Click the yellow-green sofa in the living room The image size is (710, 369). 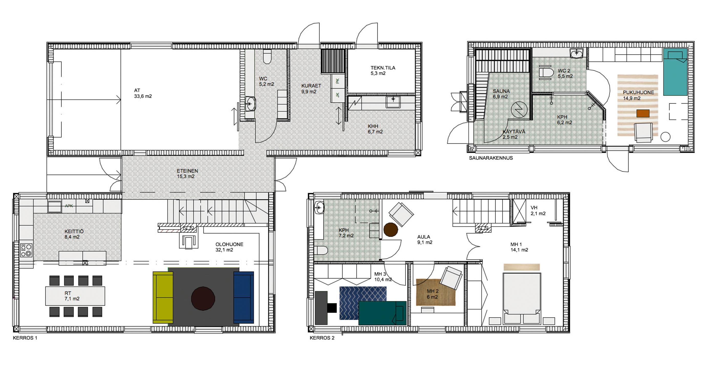[163, 297]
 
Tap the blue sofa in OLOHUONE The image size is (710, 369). [244, 297]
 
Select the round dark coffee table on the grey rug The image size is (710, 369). [203, 299]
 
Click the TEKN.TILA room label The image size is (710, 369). [383, 68]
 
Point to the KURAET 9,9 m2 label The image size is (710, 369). [311, 88]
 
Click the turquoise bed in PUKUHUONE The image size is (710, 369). [675, 72]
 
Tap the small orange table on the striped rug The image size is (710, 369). [643, 113]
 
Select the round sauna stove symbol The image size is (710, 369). [519, 109]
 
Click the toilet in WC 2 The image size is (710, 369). [546, 73]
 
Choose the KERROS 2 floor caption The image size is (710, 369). [322, 338]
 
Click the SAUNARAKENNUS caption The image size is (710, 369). [491, 158]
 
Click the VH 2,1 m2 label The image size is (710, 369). [538, 210]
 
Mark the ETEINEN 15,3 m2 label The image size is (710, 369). [187, 174]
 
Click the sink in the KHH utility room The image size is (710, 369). [393, 102]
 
